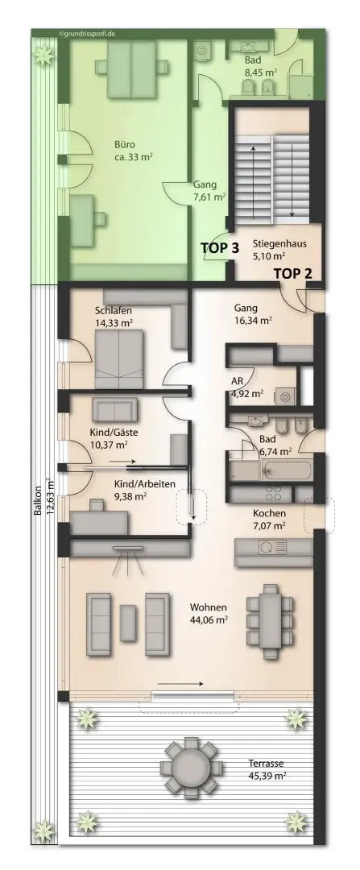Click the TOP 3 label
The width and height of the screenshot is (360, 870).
pyautogui.click(x=220, y=248)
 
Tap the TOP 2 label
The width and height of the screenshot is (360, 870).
pyautogui.click(x=293, y=273)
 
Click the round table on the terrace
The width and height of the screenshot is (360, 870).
pyautogui.click(x=189, y=768)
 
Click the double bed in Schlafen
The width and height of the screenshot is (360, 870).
pyautogui.click(x=119, y=360)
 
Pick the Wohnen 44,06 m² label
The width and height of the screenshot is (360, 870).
pyautogui.click(x=209, y=612)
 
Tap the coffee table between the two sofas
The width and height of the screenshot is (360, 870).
pyautogui.click(x=128, y=624)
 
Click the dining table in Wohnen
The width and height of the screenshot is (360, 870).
pyautogui.click(x=270, y=620)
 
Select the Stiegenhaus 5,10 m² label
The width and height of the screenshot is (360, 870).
pyautogui.click(x=279, y=249)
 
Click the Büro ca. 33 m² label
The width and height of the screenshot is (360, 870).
pyautogui.click(x=131, y=151)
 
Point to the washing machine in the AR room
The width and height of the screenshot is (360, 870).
pyautogui.click(x=286, y=396)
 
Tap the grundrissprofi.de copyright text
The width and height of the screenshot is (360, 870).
pyautogui.click(x=87, y=34)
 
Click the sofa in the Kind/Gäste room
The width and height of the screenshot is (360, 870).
pyautogui.click(x=114, y=410)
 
